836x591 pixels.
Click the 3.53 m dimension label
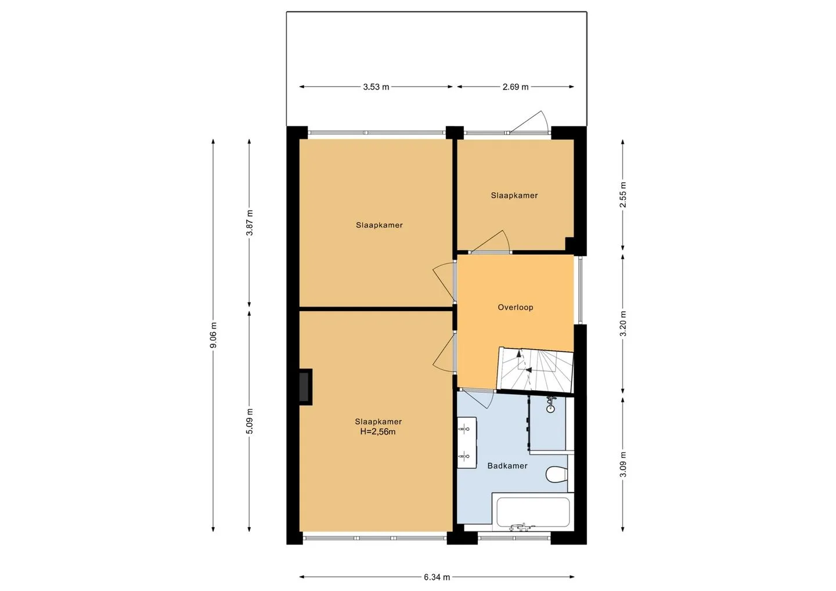click(376, 87)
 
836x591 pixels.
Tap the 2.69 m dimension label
click(516, 87)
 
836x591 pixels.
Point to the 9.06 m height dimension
click(214, 335)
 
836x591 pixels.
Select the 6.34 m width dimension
click(437, 577)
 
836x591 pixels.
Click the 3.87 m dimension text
click(250, 223)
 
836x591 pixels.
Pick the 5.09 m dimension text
click(250, 421)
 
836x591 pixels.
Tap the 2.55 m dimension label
click(623, 194)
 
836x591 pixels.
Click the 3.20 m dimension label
click(623, 323)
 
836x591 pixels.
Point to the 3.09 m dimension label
click(623, 464)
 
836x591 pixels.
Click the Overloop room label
click(516, 308)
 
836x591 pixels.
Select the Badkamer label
click(507, 466)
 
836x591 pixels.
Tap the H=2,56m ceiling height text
click(378, 432)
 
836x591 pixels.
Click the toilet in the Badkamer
click(556, 475)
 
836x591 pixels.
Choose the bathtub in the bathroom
click(533, 512)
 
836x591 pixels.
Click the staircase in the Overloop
click(535, 370)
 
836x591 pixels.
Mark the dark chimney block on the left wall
click(305, 387)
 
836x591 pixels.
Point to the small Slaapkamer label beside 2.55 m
click(514, 195)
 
